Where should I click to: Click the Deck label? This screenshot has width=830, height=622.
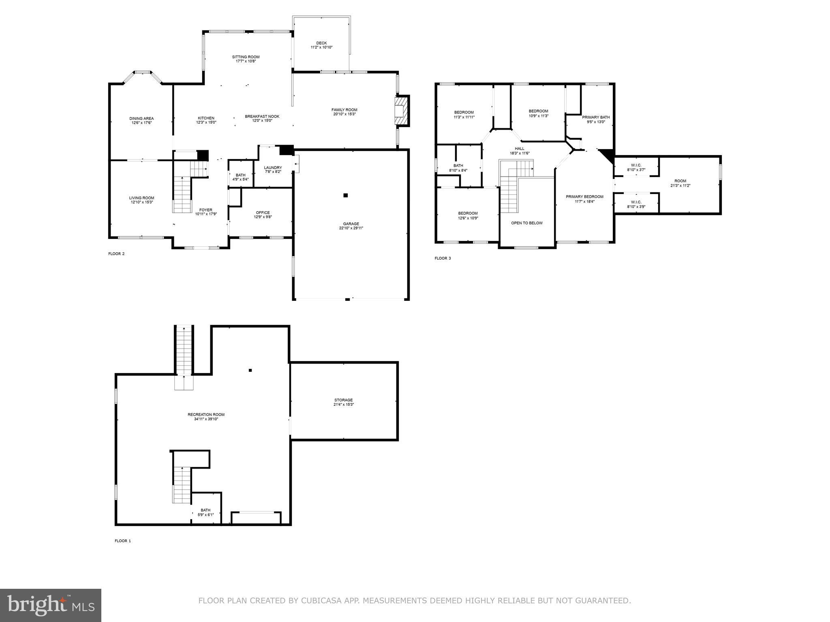[x=321, y=43]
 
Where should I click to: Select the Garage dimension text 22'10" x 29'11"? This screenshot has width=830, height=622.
[x=351, y=228]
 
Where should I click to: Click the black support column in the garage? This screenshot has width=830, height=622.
[x=346, y=195]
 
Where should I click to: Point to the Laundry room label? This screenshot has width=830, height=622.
[x=273, y=168]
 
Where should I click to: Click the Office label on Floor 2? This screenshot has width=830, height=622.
[x=263, y=213]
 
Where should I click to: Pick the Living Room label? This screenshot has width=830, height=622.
[x=141, y=198]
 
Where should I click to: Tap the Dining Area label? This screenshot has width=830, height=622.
[x=141, y=119]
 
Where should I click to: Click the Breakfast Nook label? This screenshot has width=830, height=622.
[x=262, y=117]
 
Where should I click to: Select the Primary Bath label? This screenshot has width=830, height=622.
[x=596, y=117]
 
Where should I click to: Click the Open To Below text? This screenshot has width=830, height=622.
[x=526, y=223]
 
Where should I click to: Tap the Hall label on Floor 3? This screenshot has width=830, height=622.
[x=520, y=149]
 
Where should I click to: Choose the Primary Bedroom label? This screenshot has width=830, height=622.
[x=584, y=197]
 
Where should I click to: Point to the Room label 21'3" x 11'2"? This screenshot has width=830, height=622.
[x=680, y=181]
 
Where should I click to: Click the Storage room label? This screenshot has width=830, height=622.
[x=343, y=400]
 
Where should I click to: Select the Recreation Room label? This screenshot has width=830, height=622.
[x=206, y=415]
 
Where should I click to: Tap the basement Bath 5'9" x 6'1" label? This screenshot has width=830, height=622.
[x=205, y=510]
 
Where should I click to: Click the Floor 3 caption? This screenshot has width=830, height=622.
[x=443, y=258]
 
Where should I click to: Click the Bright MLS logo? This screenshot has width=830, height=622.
[x=51, y=605]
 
